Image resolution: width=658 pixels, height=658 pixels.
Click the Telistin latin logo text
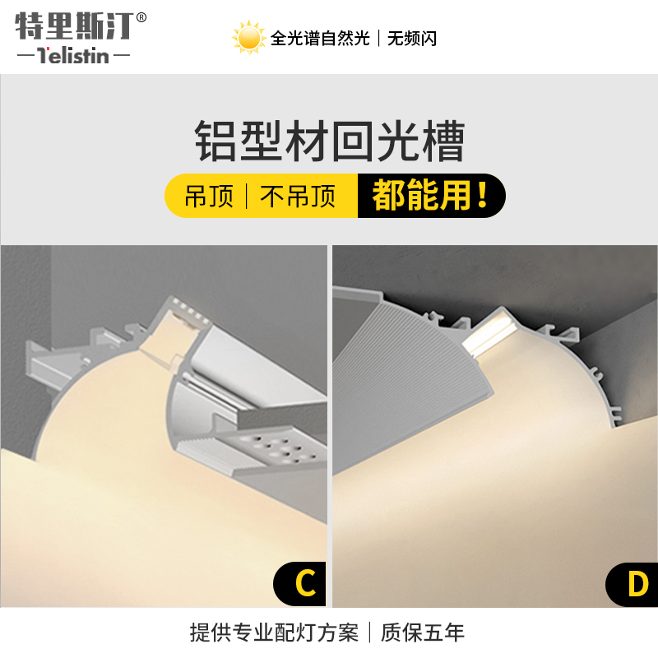click(x=74, y=57)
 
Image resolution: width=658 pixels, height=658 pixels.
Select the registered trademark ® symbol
click(x=141, y=17)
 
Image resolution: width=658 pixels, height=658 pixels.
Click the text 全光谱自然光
click(x=321, y=39)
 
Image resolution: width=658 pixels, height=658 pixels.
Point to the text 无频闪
click(x=413, y=39)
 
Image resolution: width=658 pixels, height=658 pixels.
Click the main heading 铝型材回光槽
click(x=329, y=141)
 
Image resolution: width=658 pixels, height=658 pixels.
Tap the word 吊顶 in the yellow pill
click(x=209, y=196)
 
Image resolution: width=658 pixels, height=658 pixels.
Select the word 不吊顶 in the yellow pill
click(x=298, y=196)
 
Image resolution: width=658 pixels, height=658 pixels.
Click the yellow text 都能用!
click(x=430, y=196)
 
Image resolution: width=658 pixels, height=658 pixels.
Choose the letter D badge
click(x=636, y=584)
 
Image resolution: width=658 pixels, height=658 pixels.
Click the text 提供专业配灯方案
click(x=274, y=633)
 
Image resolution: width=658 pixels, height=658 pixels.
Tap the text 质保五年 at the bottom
click(x=425, y=633)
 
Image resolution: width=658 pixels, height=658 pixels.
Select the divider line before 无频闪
click(x=378, y=39)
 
